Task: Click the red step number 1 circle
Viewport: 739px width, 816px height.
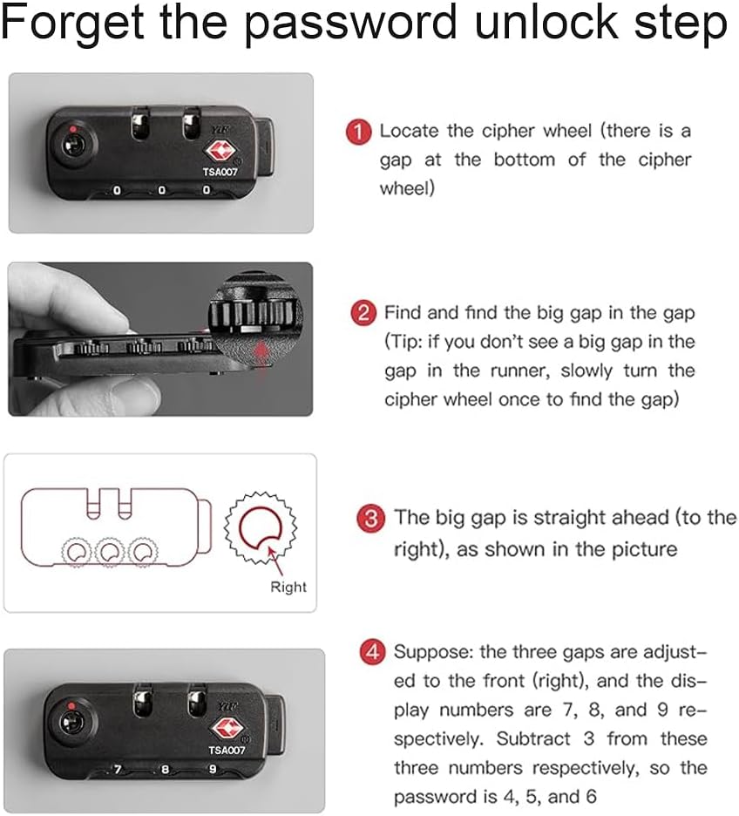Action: [x=358, y=133]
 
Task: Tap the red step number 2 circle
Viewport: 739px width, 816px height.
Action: [x=363, y=313]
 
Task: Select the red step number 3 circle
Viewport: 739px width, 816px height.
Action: [x=370, y=519]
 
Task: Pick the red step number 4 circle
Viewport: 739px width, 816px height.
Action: [x=372, y=651]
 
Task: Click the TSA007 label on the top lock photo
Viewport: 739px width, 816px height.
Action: [x=220, y=172]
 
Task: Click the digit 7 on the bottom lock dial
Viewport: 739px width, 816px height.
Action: [x=118, y=770]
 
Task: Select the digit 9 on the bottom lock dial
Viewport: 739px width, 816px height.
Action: [x=213, y=769]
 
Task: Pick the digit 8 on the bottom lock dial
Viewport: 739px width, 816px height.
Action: [x=165, y=770]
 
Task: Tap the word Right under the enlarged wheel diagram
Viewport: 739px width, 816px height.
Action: [x=288, y=587]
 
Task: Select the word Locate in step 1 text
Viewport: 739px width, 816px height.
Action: [x=409, y=131]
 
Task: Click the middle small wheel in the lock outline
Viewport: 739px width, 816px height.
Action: [x=110, y=551]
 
